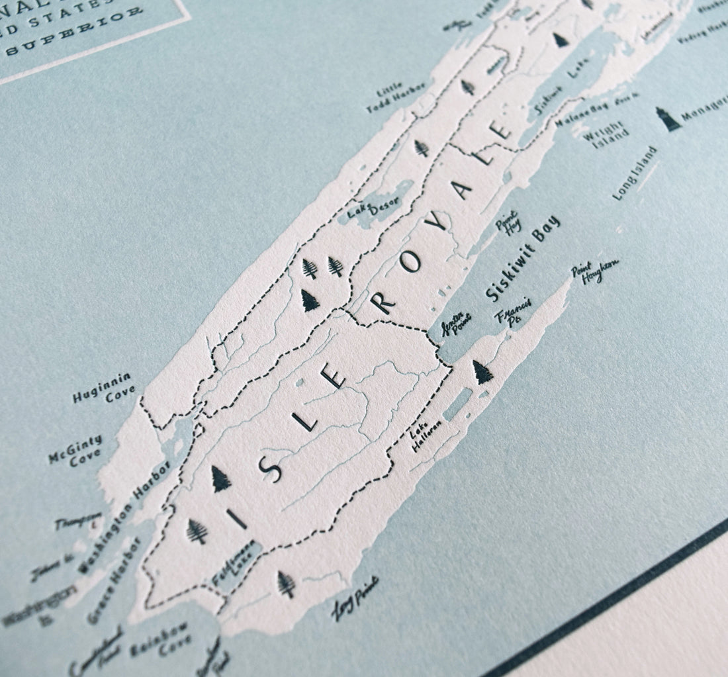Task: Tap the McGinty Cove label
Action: pos(76,449)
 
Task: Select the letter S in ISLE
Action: pos(270,468)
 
